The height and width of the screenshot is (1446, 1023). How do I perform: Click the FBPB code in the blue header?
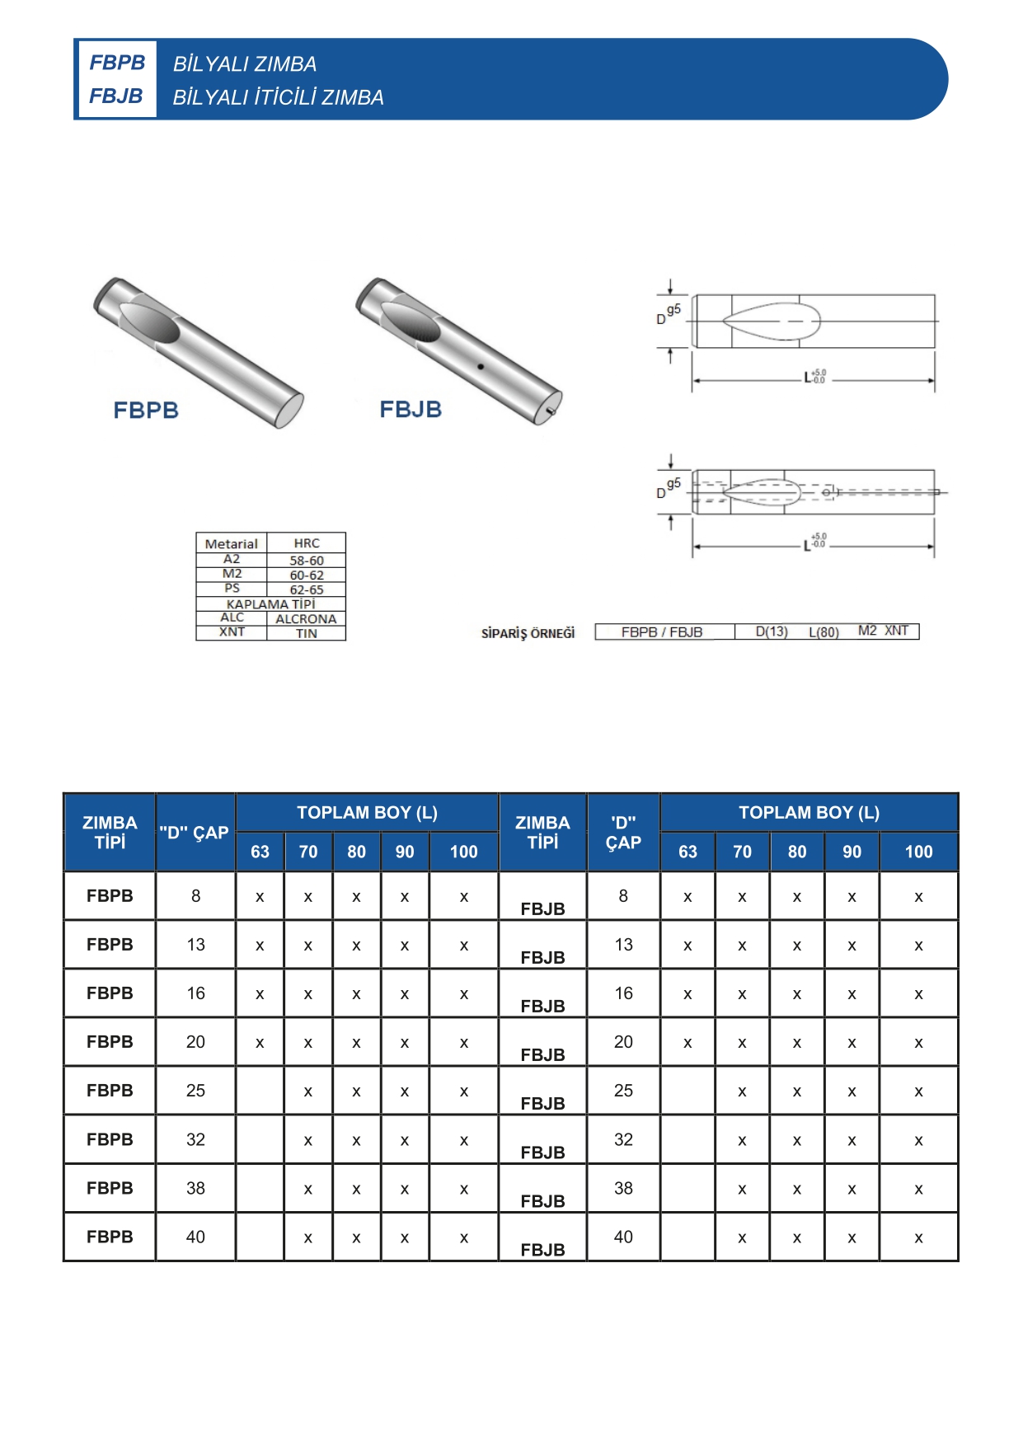coord(117,63)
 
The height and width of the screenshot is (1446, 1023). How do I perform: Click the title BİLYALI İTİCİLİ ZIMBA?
coord(278,97)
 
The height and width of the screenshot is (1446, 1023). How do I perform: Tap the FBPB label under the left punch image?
coord(146,410)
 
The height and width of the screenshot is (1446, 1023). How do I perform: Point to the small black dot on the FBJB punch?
coord(481,366)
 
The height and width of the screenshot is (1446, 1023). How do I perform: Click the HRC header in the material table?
coord(306,543)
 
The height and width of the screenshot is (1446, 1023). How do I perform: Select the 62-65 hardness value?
coord(306,589)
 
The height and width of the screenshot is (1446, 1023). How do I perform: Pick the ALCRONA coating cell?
coord(306,618)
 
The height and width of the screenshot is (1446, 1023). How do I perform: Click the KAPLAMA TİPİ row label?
coord(270,604)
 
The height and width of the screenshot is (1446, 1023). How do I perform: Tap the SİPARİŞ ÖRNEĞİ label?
coord(528,633)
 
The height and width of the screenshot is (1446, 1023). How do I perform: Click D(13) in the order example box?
coord(772,631)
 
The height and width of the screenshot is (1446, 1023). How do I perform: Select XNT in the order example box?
coord(896,631)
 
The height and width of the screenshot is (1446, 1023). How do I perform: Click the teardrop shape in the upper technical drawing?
coord(772,322)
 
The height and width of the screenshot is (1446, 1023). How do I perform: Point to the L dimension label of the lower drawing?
coord(808,545)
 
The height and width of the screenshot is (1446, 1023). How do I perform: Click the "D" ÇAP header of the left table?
coord(195,833)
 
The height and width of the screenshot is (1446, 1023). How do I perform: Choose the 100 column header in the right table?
coord(918,852)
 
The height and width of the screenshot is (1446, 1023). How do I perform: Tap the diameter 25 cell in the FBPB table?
coord(195,1091)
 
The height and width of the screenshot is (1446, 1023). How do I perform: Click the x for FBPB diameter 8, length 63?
coord(260,897)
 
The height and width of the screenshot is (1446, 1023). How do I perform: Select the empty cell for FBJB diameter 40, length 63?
coord(687,1237)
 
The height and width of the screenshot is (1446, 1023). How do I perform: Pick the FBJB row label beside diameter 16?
coord(542,1006)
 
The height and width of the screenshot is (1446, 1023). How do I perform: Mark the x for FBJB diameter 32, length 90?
coord(852,1141)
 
